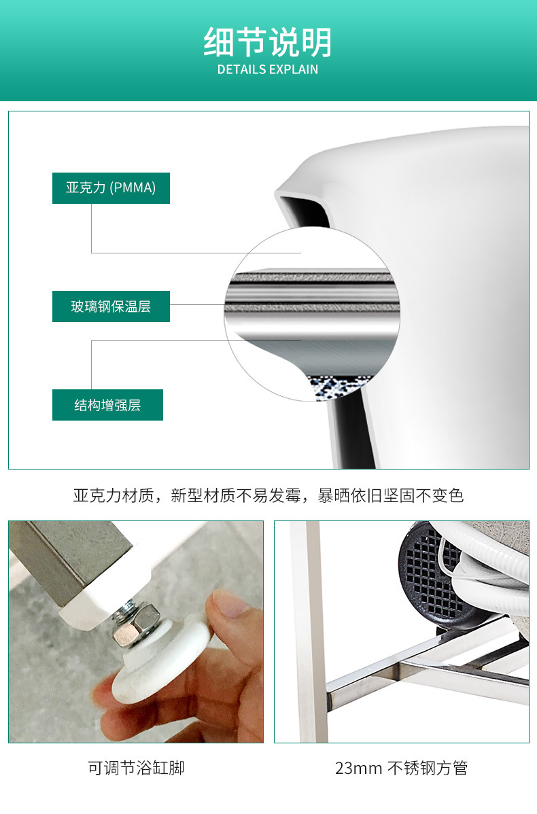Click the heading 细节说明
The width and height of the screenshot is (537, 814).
coord(268,42)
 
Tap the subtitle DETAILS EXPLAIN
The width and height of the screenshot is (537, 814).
coord(268,69)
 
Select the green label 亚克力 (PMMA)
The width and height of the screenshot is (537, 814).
coord(111,188)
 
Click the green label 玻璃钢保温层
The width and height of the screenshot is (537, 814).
coord(111,306)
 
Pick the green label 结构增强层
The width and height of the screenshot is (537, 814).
coord(107,405)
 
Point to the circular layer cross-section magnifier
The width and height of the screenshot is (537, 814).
coord(309,314)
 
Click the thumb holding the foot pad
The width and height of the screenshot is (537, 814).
coord(231,615)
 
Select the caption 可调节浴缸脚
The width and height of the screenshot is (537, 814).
coord(136,768)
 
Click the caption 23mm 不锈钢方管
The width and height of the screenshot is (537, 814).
coord(401,768)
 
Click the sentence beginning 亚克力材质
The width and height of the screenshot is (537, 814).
coord(268,495)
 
